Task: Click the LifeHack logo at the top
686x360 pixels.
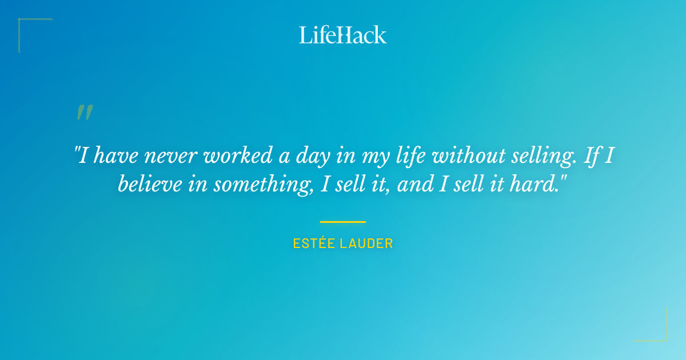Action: (x=343, y=35)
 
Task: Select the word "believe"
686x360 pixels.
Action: (x=148, y=185)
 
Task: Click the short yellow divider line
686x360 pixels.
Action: (x=343, y=222)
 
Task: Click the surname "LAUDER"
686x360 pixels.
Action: (x=366, y=243)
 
